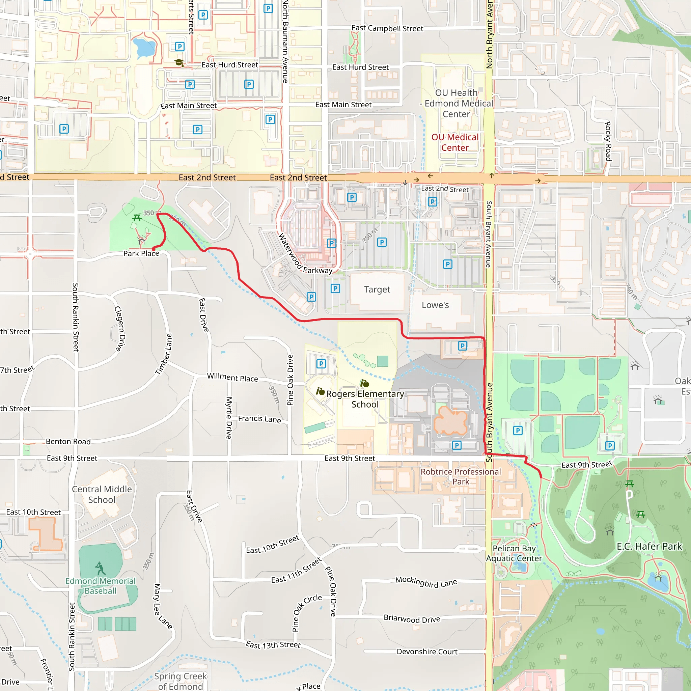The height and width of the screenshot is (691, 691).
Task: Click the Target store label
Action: (x=377, y=289)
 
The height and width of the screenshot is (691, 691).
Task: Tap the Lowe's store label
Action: (x=435, y=305)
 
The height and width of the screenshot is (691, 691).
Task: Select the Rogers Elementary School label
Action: (x=365, y=399)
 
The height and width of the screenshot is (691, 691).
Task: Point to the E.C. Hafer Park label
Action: (x=649, y=547)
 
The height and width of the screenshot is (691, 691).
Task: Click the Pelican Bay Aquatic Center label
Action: (x=514, y=553)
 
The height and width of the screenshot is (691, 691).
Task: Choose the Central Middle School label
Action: (x=102, y=494)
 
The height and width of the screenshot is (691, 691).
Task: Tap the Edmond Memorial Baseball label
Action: (x=101, y=586)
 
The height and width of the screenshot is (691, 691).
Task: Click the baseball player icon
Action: (x=100, y=568)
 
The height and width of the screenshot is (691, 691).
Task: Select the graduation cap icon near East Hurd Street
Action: (x=179, y=63)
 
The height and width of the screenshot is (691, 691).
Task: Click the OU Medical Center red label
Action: (x=454, y=142)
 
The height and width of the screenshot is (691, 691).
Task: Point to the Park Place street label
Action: (x=141, y=254)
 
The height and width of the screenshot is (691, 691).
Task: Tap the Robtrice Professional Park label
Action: (x=461, y=476)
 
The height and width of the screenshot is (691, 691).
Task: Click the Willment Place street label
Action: (x=232, y=377)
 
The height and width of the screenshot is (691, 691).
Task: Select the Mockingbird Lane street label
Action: (x=426, y=582)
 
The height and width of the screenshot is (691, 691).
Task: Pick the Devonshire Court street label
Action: (x=427, y=652)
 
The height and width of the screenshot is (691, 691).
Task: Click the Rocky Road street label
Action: (x=608, y=141)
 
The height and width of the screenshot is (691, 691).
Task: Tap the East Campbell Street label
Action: (x=387, y=28)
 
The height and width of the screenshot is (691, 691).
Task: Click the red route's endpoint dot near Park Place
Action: (x=154, y=249)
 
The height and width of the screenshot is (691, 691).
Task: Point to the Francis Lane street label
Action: (x=260, y=419)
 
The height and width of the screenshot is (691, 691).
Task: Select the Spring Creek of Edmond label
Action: (x=181, y=681)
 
